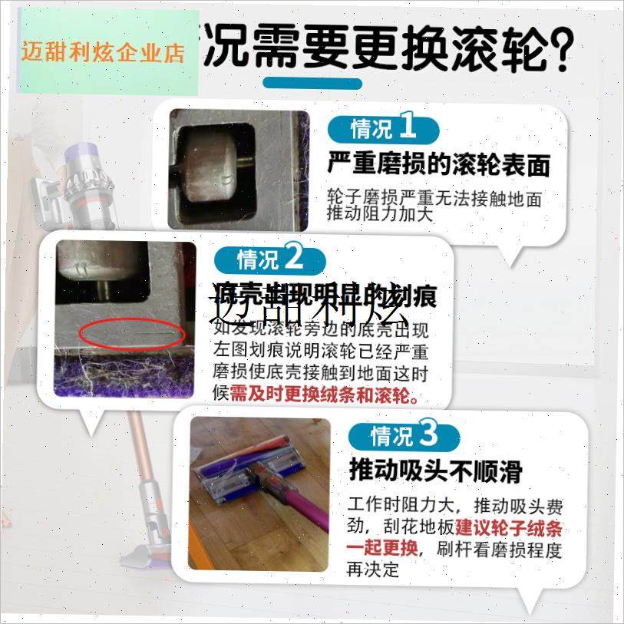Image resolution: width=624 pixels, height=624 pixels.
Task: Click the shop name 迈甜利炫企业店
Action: point(104,53)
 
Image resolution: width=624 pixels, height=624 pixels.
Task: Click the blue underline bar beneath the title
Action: point(312,83)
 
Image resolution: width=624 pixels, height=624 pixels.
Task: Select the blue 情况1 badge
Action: point(383,127)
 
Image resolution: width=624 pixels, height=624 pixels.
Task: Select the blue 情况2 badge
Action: point(269,259)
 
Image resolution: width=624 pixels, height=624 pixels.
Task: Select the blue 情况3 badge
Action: point(404,436)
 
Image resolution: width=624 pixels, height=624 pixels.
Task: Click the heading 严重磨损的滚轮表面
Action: point(439,163)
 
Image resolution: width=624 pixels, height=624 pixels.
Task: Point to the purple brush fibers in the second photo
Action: point(123,380)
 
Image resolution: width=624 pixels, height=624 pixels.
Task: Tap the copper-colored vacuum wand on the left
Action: point(138,476)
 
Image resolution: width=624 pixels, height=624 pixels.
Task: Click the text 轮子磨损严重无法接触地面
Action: point(434,199)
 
